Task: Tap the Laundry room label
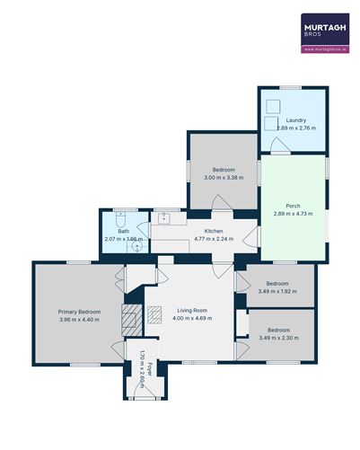[x=295, y=120]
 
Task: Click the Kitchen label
[x=213, y=232]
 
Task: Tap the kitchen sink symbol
[x=164, y=216]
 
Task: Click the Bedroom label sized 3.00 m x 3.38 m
[x=224, y=170]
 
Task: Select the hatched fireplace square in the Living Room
[x=132, y=315]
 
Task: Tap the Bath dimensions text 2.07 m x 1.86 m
[x=123, y=239]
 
